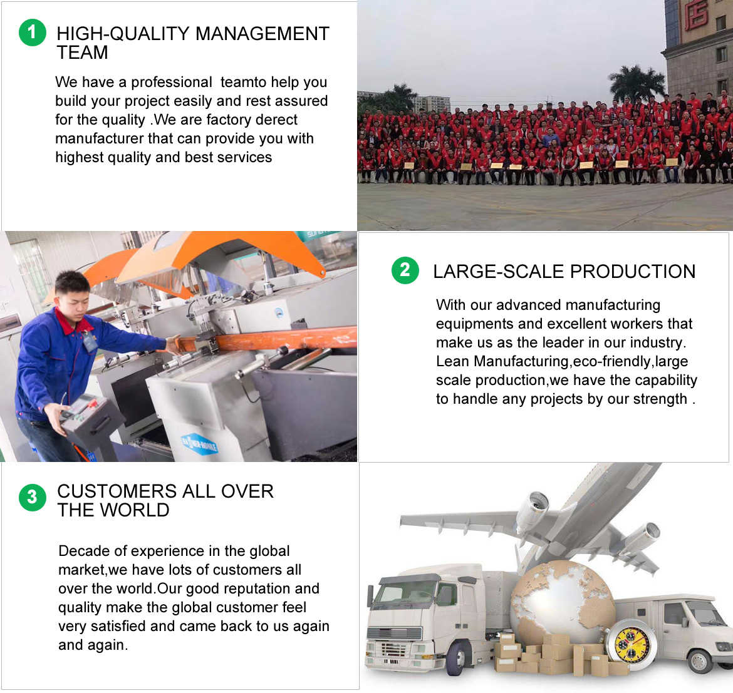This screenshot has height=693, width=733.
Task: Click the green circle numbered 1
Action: [x=32, y=32]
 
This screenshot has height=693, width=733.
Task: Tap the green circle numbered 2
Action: [x=405, y=270]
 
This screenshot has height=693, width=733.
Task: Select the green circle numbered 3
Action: [x=32, y=497]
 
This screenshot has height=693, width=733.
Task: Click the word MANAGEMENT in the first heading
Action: [x=263, y=34]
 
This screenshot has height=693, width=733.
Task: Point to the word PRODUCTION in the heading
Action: [x=633, y=272]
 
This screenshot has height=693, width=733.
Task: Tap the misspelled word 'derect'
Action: [x=276, y=120]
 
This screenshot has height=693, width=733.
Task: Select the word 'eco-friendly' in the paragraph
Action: [x=612, y=361]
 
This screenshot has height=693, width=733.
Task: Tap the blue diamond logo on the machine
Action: [x=199, y=444]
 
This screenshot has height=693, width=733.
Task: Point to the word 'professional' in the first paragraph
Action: [x=171, y=82]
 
